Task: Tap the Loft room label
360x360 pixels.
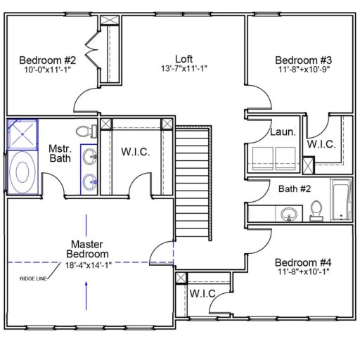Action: pyautogui.click(x=184, y=58)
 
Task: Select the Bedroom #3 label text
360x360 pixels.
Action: pyautogui.click(x=298, y=60)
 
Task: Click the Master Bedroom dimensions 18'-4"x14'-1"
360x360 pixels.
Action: pyautogui.click(x=87, y=264)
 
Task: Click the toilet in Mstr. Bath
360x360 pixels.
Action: pyautogui.click(x=84, y=131)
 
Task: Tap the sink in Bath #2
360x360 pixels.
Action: pyautogui.click(x=288, y=213)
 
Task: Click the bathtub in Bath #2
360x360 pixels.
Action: pyautogui.click(x=341, y=200)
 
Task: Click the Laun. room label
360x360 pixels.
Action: pyautogui.click(x=283, y=131)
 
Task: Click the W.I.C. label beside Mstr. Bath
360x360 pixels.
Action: pyautogui.click(x=135, y=153)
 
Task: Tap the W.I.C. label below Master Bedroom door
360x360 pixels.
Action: pyautogui.click(x=202, y=293)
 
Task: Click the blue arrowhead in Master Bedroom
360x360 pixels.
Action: pyautogui.click(x=86, y=283)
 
